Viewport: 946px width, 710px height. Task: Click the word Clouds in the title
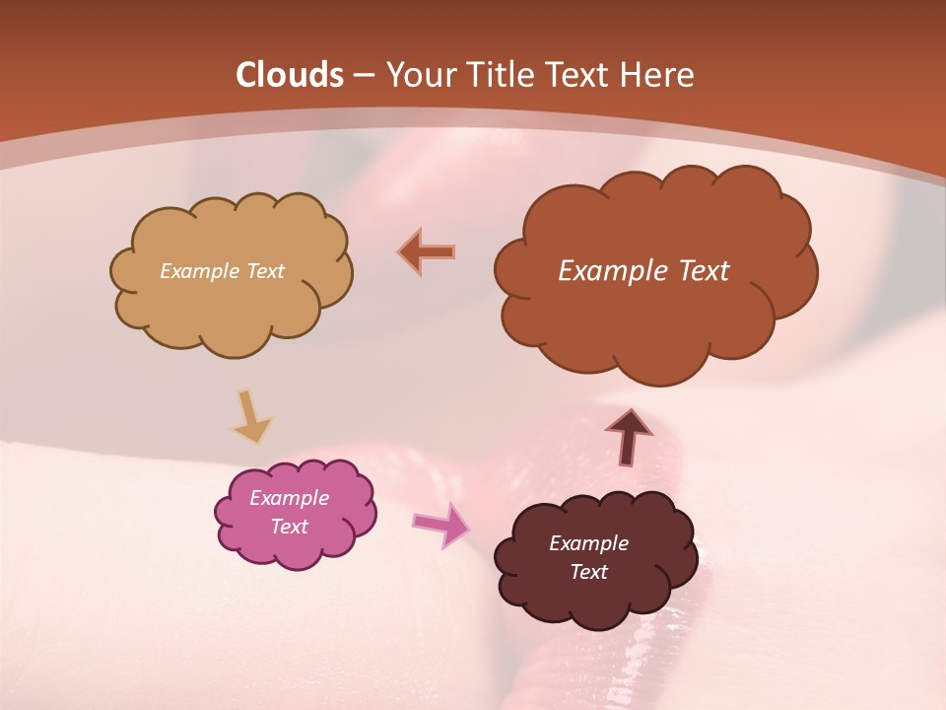click(290, 75)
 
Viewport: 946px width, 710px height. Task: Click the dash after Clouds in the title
click(364, 76)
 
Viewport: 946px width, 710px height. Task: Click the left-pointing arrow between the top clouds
click(428, 251)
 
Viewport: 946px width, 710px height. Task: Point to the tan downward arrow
click(250, 417)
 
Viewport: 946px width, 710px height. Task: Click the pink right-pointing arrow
click(440, 525)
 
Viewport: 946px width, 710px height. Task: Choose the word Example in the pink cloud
click(290, 498)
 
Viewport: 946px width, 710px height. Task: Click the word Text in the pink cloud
click(290, 527)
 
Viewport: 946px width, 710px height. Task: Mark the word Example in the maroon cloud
click(588, 543)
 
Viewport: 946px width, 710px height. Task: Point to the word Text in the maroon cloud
click(588, 572)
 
